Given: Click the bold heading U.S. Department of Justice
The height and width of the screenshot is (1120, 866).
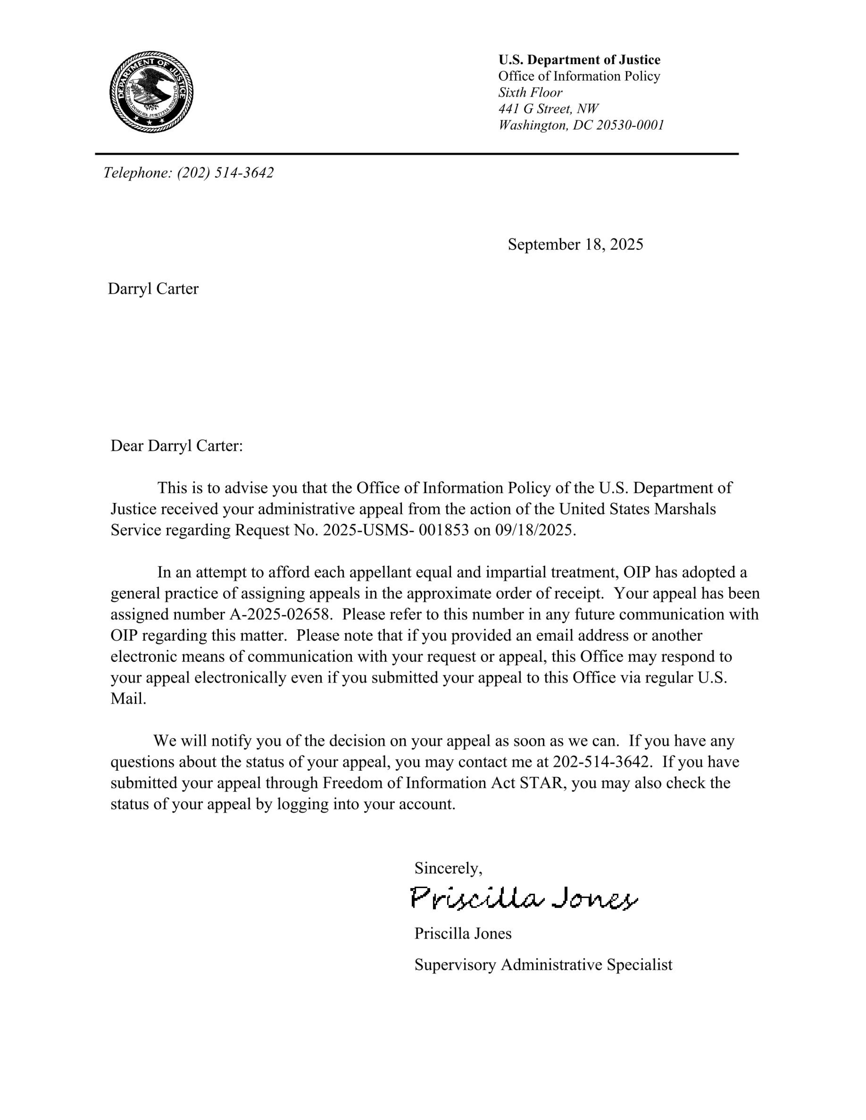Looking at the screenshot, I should pyautogui.click(x=579, y=60).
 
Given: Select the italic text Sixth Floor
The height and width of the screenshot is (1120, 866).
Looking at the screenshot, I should pyautogui.click(x=530, y=93).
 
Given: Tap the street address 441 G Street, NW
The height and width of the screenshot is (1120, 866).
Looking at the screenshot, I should pyautogui.click(x=548, y=109).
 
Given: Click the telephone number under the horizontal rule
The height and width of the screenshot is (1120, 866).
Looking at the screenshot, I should pyautogui.click(x=225, y=173).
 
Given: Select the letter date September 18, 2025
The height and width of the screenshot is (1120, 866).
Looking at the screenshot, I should pyautogui.click(x=575, y=245).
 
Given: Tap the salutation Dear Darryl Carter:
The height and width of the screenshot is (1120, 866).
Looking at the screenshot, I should pyautogui.click(x=177, y=446).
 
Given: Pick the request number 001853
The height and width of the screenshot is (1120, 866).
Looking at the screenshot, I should pyautogui.click(x=444, y=530).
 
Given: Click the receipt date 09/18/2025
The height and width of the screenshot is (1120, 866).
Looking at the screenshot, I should pyautogui.click(x=535, y=530).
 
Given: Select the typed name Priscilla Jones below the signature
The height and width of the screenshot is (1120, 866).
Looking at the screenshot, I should pyautogui.click(x=463, y=933).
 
